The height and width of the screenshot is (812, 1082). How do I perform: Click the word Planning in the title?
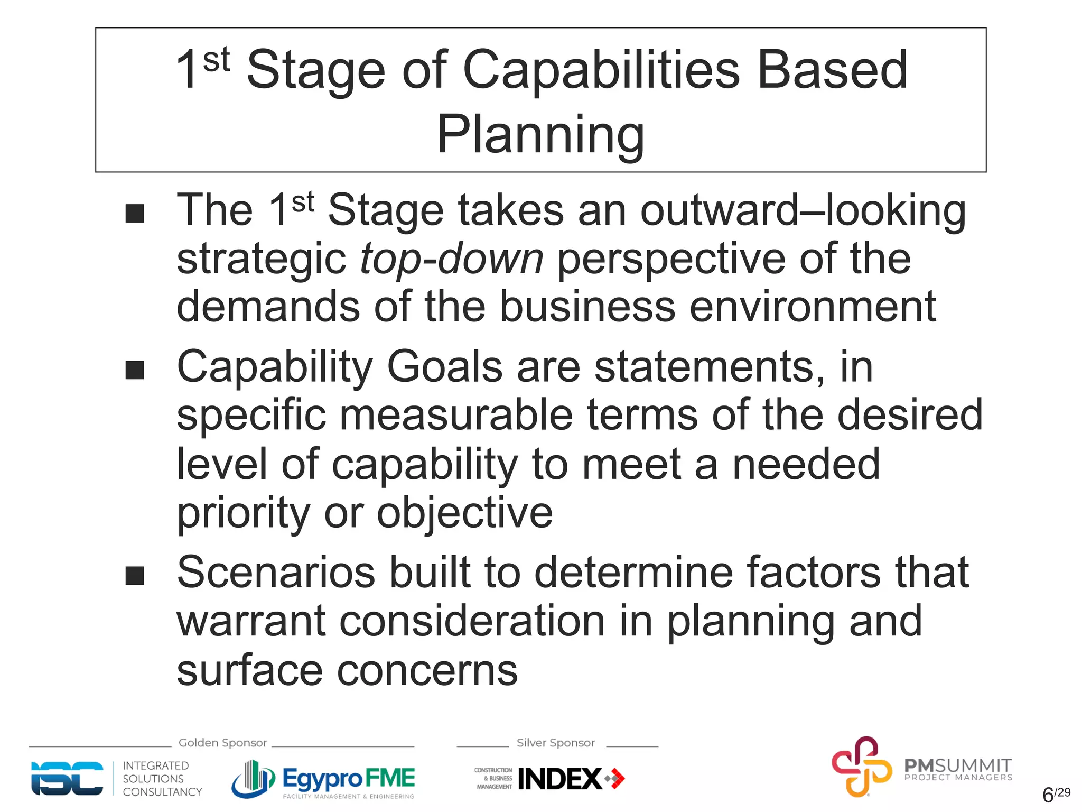(540, 135)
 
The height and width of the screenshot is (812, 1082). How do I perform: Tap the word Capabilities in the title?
(601, 70)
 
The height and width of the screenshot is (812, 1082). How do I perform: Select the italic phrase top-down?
(452, 259)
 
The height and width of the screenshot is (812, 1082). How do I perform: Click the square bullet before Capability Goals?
(135, 370)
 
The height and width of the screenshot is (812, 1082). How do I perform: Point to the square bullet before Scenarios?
(135, 576)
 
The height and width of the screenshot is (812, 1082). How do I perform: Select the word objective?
(464, 512)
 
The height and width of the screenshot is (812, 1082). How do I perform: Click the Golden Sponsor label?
(222, 743)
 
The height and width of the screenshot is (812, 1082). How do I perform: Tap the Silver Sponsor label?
(555, 743)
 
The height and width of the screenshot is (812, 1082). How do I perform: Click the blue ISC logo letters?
(67, 778)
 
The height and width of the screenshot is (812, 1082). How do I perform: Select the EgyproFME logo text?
(349, 778)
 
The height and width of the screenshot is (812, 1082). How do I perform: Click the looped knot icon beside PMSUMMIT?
(861, 767)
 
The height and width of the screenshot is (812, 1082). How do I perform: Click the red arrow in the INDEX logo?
(617, 779)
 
